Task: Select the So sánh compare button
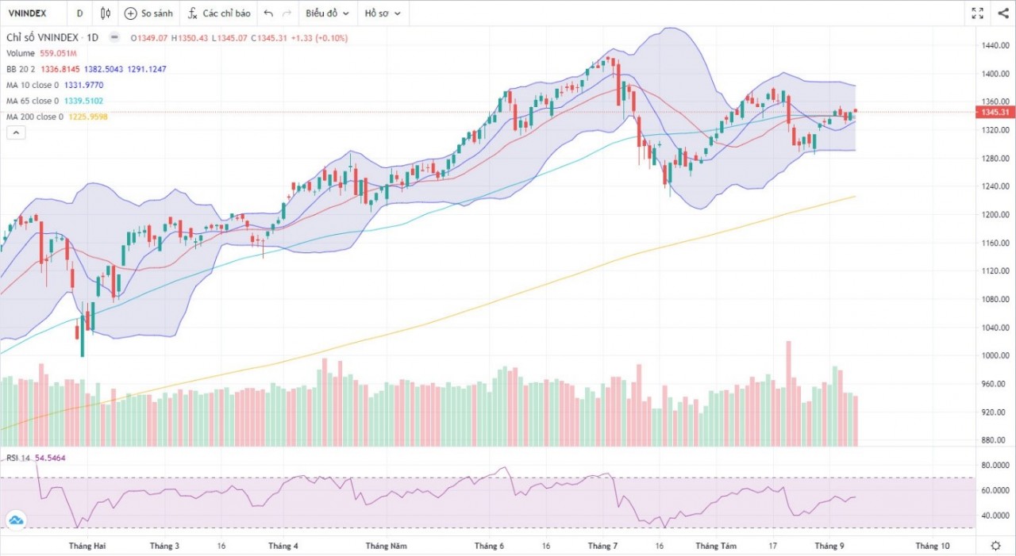coord(148,13)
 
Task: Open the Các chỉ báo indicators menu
coord(218,13)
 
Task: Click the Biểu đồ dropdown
coord(326,13)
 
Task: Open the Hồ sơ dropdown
coord(382,13)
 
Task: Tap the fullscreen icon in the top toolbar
coord(978,13)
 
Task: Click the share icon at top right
coord(999,13)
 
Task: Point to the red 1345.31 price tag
coord(995,112)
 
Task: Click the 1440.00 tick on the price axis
coord(995,46)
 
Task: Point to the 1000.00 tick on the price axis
coord(995,355)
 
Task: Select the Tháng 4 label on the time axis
coord(283,546)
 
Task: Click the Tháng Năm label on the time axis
coord(386,546)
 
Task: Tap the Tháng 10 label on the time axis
coord(932,546)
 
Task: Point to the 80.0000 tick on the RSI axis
coord(995,466)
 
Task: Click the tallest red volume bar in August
coord(788,393)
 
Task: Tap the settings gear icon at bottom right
coord(995,546)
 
